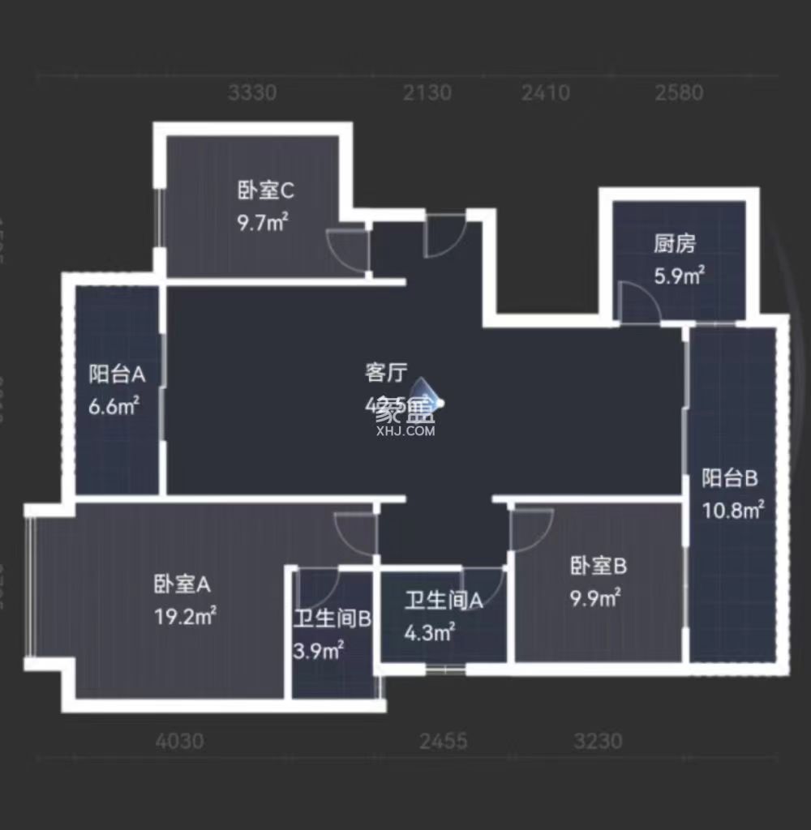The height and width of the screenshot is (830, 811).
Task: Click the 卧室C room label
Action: click(x=265, y=191)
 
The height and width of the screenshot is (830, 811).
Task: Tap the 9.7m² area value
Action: click(x=264, y=222)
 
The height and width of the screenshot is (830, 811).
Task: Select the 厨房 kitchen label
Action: click(x=675, y=244)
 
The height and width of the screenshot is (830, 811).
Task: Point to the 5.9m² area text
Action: click(x=679, y=276)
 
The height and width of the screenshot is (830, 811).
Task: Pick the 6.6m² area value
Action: click(x=114, y=405)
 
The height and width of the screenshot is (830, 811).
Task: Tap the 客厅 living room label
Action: click(x=385, y=373)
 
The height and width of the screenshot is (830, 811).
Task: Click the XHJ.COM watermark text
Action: click(x=406, y=431)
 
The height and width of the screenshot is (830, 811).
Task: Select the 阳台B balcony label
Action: click(x=730, y=478)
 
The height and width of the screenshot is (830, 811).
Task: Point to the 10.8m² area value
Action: click(x=733, y=510)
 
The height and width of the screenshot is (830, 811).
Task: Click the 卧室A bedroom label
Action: click(x=182, y=584)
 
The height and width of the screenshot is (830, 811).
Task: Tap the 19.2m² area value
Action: click(x=185, y=616)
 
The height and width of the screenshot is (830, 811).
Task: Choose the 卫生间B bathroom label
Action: click(x=333, y=620)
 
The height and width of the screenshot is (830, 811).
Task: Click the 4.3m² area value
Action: click(x=430, y=631)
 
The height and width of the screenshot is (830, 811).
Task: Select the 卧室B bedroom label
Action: click(x=599, y=566)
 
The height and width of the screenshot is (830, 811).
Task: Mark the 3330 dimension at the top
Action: click(x=252, y=93)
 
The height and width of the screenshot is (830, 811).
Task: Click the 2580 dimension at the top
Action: click(x=680, y=93)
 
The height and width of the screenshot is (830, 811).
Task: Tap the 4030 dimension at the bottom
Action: click(x=180, y=741)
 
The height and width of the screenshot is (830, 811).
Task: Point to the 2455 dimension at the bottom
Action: click(x=444, y=741)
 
